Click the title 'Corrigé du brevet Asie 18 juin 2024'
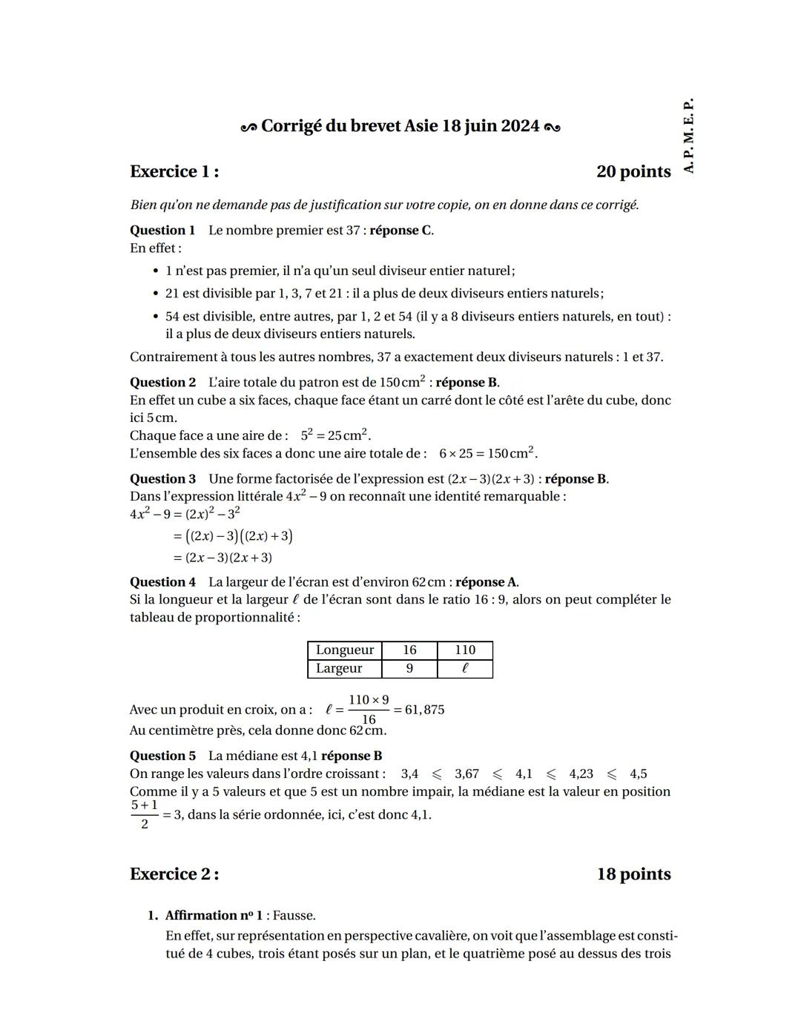coord(400,126)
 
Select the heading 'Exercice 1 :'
coord(174,171)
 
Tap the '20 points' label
coord(633,171)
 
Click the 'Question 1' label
coord(162,230)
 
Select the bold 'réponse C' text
coord(400,230)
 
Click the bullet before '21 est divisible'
coord(155,294)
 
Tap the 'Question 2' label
coord(162,382)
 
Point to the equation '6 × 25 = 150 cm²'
coord(487,453)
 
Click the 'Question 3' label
coord(162,478)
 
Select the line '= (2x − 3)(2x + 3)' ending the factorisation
coord(222,558)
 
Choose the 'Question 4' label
coord(162,581)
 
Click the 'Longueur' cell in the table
coord(345,650)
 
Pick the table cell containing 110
coord(465,650)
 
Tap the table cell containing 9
coord(409,668)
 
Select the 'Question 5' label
coord(162,756)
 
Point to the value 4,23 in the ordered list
coord(581,773)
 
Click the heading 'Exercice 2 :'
coord(174,874)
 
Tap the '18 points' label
coord(633,874)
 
